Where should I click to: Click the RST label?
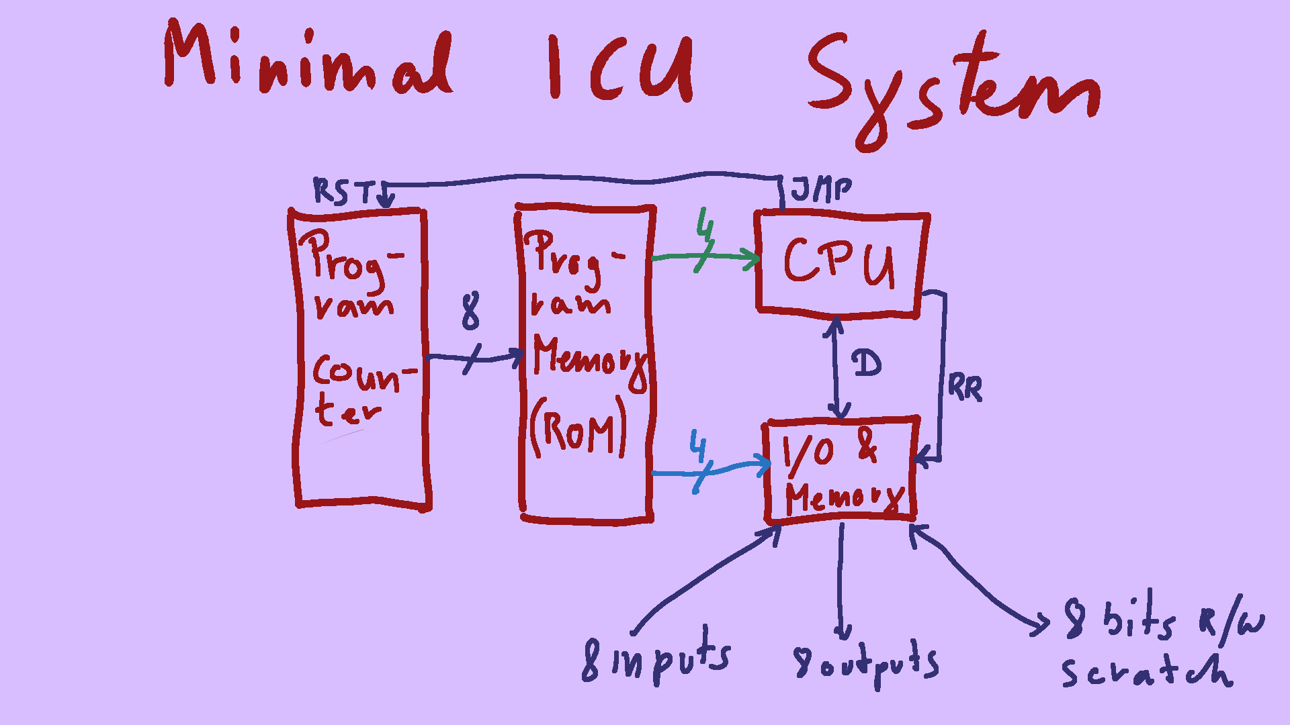point(343,191)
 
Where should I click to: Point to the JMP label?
point(821,189)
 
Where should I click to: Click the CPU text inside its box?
point(840,262)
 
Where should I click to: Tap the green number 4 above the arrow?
point(704,225)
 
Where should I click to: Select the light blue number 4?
point(699,446)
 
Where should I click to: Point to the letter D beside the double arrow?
point(867,364)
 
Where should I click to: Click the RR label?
point(965,388)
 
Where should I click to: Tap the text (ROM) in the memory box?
point(578,430)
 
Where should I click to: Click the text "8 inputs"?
point(655,658)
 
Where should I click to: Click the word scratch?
point(1146,671)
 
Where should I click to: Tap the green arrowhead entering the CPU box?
point(752,258)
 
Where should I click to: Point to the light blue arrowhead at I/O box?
point(763,464)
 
